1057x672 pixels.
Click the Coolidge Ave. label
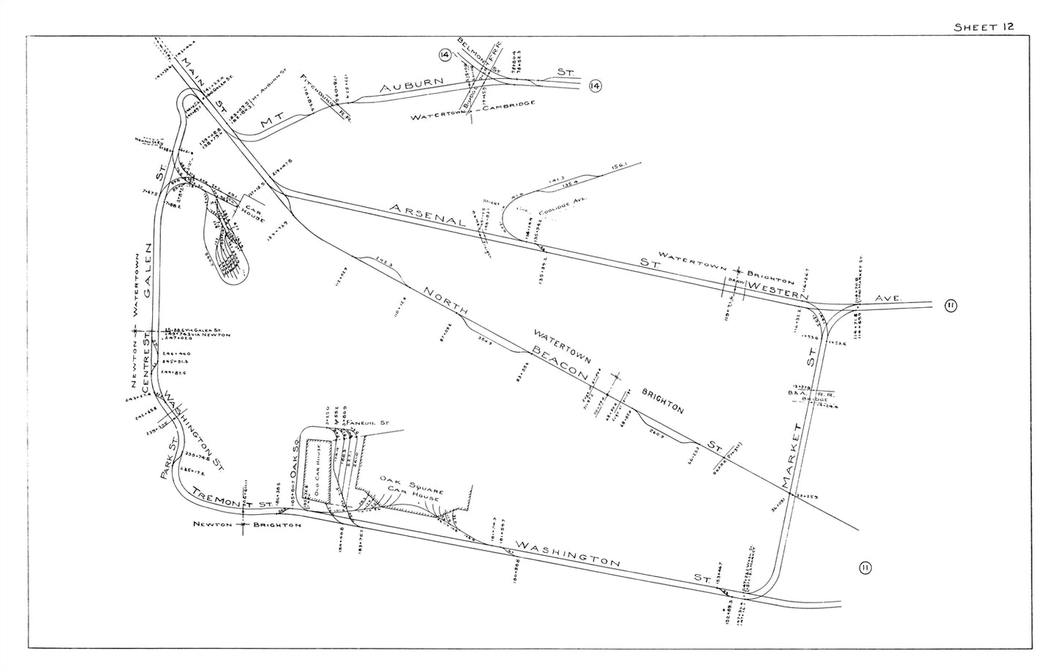(563, 208)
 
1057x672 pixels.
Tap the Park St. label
(170, 460)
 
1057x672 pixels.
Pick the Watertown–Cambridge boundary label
(473, 111)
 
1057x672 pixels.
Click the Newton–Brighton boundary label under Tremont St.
(247, 524)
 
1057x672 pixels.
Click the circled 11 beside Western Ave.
(950, 306)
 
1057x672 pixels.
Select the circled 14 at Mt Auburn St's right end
(595, 87)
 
